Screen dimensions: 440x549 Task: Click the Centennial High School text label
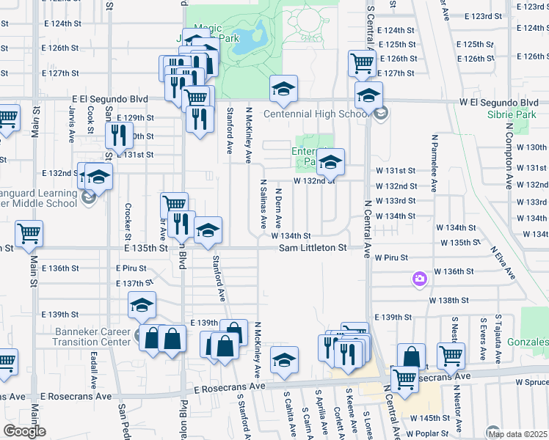pos(316,114)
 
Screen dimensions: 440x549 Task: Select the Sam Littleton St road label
pos(313,248)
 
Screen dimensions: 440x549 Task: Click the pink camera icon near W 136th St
pos(419,279)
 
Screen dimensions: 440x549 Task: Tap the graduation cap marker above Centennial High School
pos(283,89)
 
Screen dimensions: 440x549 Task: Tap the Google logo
pos(24,430)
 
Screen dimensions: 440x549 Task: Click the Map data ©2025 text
pos(517,433)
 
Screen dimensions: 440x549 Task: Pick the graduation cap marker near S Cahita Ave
pos(284,360)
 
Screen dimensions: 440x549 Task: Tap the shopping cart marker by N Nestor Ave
pos(451,356)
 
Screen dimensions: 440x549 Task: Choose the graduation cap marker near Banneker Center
pos(142,306)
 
